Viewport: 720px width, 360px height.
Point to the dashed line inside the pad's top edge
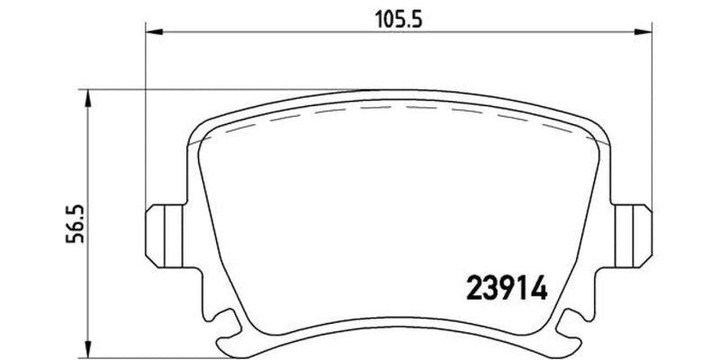[x=396, y=104]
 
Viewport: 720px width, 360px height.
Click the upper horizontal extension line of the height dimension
[x=225, y=89]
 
